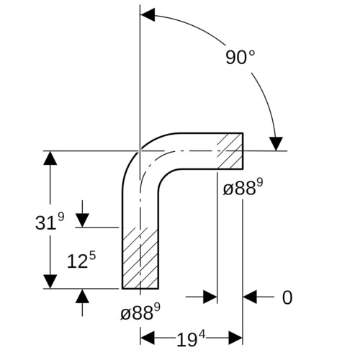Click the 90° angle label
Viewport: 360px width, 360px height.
(x=240, y=57)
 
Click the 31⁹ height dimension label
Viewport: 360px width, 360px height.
(x=50, y=222)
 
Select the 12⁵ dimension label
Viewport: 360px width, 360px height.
(x=81, y=260)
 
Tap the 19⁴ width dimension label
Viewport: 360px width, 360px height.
(x=192, y=339)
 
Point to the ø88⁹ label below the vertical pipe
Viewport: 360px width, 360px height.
(x=140, y=312)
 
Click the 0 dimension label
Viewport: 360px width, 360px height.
(x=287, y=297)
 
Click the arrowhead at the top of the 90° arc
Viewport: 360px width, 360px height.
(x=148, y=15)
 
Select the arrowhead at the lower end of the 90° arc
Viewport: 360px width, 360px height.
(x=276, y=144)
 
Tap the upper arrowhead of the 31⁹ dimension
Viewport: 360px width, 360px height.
(x=50, y=158)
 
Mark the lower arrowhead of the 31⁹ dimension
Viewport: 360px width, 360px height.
(x=50, y=282)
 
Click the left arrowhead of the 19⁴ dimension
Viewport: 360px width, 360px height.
(x=148, y=338)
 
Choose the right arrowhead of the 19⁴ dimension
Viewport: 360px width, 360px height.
(x=235, y=338)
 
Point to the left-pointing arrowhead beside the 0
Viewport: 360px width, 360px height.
(x=250, y=297)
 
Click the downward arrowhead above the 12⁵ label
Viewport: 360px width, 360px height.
(x=82, y=220)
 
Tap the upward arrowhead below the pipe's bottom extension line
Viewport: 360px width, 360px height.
(x=82, y=296)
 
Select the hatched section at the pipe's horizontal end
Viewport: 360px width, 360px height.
(x=230, y=151)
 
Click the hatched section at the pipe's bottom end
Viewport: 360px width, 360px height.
(x=140, y=258)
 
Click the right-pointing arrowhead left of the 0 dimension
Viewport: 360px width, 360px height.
(x=210, y=297)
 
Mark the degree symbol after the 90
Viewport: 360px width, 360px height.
(x=251, y=53)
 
